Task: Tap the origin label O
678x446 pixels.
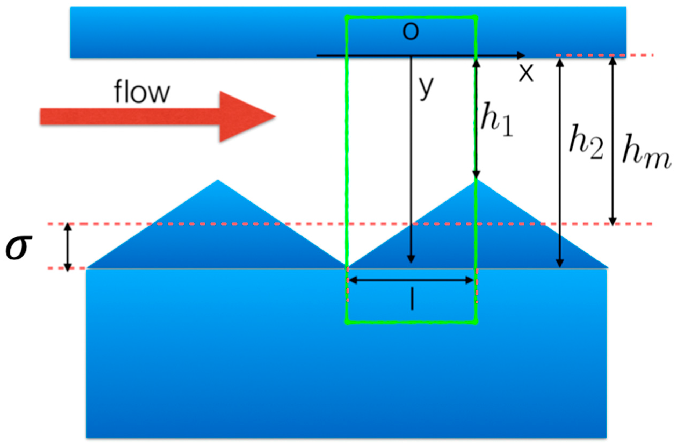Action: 410,32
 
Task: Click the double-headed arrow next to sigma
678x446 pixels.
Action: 67,247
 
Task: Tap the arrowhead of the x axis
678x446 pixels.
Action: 521,55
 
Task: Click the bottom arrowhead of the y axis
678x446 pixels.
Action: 411,259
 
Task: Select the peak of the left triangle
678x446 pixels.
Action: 218,180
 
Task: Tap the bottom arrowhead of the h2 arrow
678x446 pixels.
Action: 560,264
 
